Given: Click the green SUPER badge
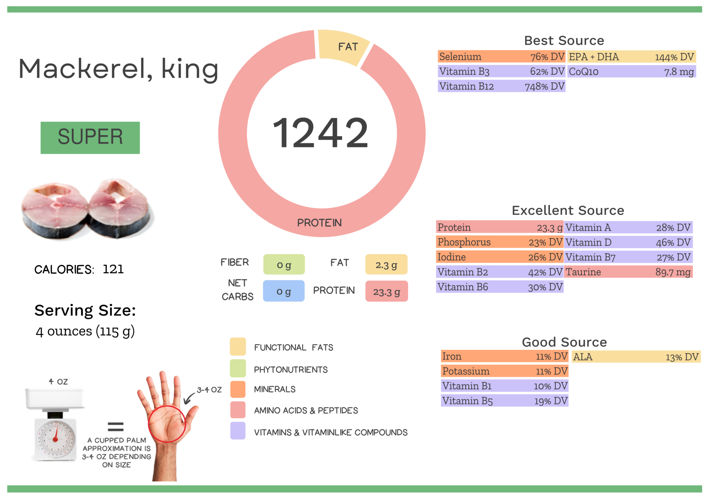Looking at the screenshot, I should (90, 137).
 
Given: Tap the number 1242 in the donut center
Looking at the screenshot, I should (320, 133).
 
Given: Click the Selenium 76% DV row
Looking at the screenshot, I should (501, 57).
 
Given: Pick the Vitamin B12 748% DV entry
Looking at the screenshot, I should (501, 86).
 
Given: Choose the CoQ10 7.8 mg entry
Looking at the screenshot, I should (631, 72).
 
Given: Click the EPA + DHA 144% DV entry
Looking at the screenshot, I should (631, 57).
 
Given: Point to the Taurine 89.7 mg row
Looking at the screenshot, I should (628, 272).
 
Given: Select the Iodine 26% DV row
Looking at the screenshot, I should (500, 257).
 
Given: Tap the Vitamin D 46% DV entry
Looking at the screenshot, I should (628, 242).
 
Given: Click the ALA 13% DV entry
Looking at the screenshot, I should (636, 357).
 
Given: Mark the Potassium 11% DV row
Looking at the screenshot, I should (504, 372).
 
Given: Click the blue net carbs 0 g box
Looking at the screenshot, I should (284, 291).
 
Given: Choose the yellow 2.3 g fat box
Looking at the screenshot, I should (386, 265).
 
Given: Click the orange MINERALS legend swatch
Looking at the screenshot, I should (238, 389).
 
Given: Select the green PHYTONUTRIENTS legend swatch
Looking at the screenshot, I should (238, 368).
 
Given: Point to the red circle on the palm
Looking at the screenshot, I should (167, 424).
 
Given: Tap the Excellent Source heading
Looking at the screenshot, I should (568, 211).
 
